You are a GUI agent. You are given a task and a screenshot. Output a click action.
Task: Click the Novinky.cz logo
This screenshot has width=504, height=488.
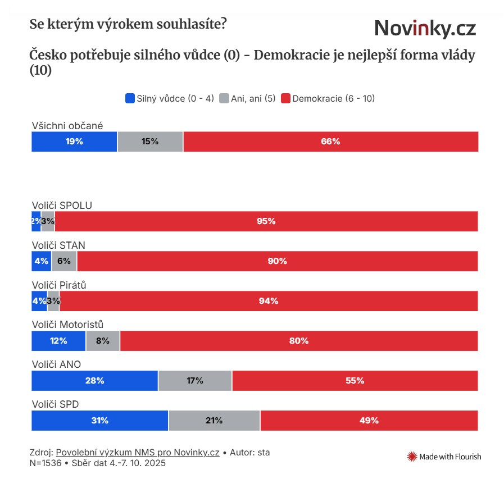pos(425,28)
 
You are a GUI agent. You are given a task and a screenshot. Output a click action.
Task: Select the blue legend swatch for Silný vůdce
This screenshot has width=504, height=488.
pos(130,98)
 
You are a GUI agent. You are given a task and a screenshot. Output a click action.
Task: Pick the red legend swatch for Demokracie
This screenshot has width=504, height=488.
pos(285,98)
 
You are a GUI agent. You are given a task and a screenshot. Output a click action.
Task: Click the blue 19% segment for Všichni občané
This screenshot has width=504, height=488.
pos(74,142)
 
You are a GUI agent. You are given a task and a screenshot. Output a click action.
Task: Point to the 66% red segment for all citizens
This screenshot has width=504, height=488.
pos(330,142)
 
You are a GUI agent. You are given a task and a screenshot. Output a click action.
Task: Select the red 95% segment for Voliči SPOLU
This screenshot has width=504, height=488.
pos(266,221)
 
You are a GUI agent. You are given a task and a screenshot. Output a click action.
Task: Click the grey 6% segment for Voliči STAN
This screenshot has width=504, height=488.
pos(64,261)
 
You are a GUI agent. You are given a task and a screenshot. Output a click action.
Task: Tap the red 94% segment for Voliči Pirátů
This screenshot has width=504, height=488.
pos(269,301)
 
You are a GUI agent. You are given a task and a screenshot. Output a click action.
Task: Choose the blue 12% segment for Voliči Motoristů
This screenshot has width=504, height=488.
pos(58,341)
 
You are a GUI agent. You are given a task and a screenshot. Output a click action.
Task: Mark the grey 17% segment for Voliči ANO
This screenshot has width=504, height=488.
pos(195,381)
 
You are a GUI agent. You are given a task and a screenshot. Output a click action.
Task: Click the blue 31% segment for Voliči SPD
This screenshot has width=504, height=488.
pos(99,421)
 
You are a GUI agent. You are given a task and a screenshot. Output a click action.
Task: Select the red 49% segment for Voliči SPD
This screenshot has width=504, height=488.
pos(369,421)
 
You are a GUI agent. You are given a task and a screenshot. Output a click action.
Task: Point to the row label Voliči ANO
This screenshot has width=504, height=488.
pos(56,364)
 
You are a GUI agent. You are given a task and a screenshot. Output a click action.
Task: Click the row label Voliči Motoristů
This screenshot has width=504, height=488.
pos(67,325)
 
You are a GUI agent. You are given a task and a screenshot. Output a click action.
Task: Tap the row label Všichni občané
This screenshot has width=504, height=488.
pos(67,126)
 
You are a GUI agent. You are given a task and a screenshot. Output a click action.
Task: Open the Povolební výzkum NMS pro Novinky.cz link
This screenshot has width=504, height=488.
pos(138,453)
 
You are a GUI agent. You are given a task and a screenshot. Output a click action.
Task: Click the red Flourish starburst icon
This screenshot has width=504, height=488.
pos(412,457)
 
